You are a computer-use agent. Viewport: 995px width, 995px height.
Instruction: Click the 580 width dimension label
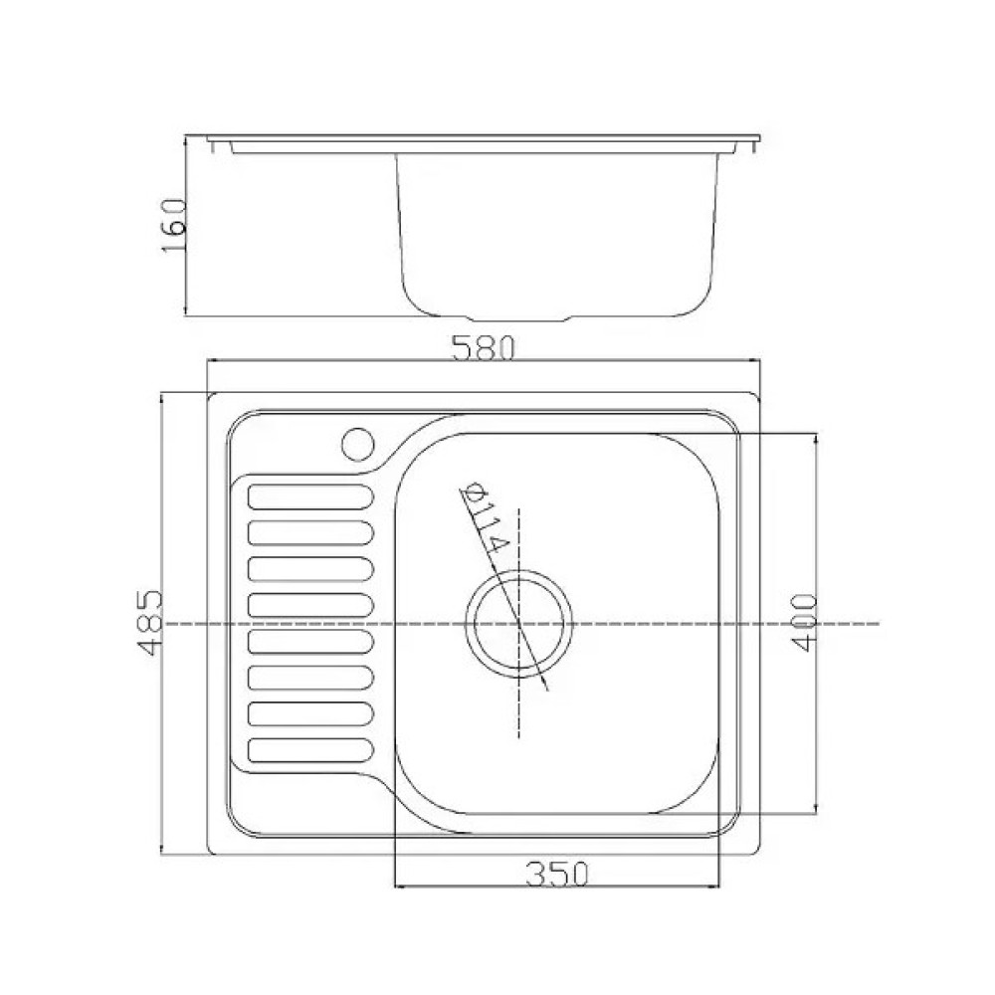483,348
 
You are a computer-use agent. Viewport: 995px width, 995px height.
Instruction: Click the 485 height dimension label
151,623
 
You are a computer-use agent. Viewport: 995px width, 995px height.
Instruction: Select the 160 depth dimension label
174,225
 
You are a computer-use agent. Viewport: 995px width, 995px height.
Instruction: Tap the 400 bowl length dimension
804,622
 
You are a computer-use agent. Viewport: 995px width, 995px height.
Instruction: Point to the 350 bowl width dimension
557,875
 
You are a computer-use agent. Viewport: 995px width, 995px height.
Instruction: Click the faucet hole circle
358,444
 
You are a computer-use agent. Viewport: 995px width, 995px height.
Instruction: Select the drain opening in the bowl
519,623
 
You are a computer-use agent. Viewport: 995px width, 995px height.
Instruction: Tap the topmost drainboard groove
310,497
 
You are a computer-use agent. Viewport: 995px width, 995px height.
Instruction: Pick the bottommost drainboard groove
310,749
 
